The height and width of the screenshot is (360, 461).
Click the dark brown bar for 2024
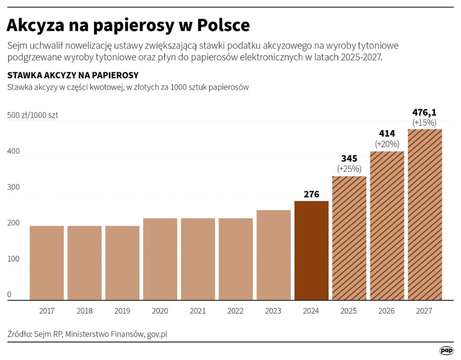[x=311, y=251]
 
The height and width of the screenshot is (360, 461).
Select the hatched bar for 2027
[x=425, y=215]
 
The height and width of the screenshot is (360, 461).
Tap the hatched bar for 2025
[x=349, y=238]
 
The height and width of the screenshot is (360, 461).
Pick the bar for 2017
[x=46, y=263]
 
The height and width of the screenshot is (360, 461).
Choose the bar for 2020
[x=160, y=259]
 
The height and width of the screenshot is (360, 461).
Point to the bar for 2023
[x=274, y=255]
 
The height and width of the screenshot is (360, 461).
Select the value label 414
[x=387, y=134]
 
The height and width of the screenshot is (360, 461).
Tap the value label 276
[x=311, y=194]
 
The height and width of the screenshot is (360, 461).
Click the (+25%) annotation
[x=349, y=168]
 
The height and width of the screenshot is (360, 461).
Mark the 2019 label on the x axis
[x=122, y=311]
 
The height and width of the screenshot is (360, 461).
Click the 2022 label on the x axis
[x=236, y=311]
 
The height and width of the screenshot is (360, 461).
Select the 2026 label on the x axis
[x=387, y=311]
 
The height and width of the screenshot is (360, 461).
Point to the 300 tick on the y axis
[x=14, y=187]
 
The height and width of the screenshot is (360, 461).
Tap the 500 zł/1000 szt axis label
[x=33, y=115]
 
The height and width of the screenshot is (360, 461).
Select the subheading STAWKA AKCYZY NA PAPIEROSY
[x=73, y=75]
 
